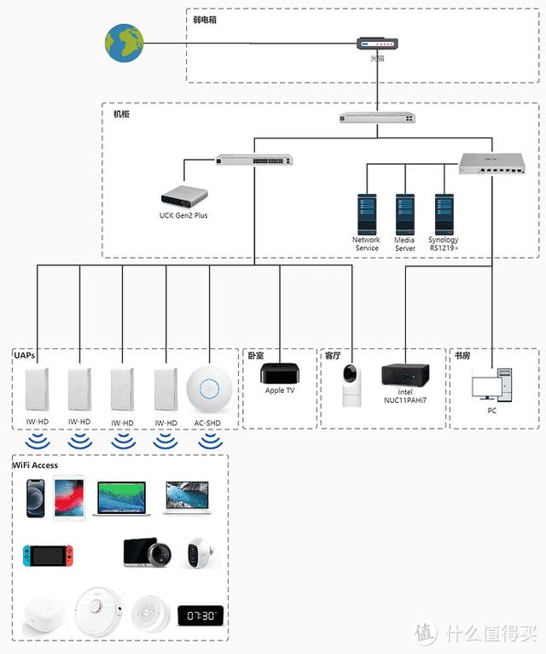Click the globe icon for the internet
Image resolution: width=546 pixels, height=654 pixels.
coord(125,42)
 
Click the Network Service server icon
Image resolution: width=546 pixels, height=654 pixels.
coord(366,213)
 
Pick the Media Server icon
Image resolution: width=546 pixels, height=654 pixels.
coord(404,213)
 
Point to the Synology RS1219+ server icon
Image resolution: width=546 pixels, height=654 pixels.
coord(443,213)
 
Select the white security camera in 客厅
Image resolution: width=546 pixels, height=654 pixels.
coord(350,385)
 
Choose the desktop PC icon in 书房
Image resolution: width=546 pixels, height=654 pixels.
coord(492,385)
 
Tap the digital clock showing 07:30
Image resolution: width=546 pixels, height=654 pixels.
coord(200,616)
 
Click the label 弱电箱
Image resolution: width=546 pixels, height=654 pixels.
coord(206,19)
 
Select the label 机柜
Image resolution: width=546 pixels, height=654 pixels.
coord(122,114)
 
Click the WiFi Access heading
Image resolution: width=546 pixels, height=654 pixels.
coord(36,465)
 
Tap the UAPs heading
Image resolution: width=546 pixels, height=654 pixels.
coord(25,354)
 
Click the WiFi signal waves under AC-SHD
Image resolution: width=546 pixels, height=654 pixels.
coord(208,441)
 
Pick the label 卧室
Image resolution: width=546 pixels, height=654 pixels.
coord(256,354)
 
